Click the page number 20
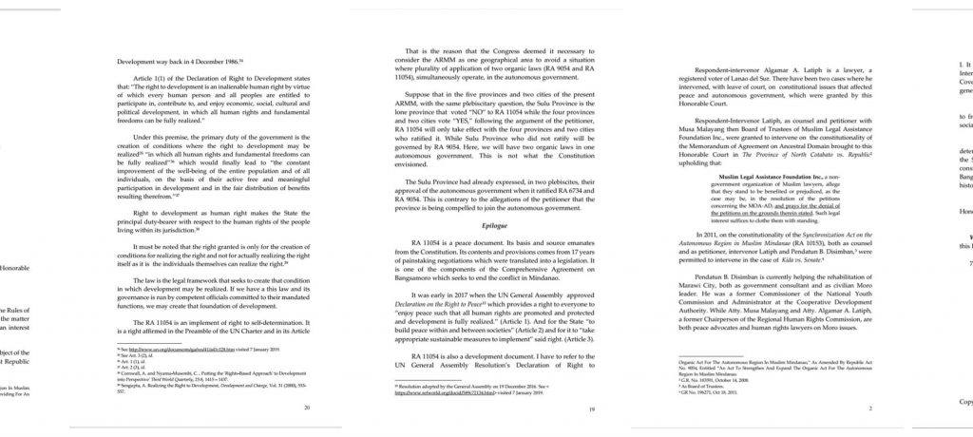click(x=306, y=406)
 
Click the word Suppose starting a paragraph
click(x=421, y=95)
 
